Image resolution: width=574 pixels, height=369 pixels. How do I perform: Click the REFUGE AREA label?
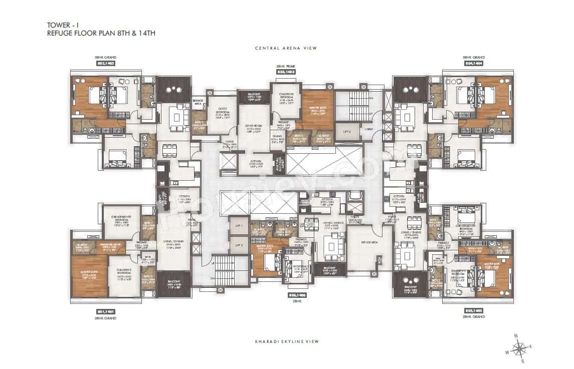coord(362,240)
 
